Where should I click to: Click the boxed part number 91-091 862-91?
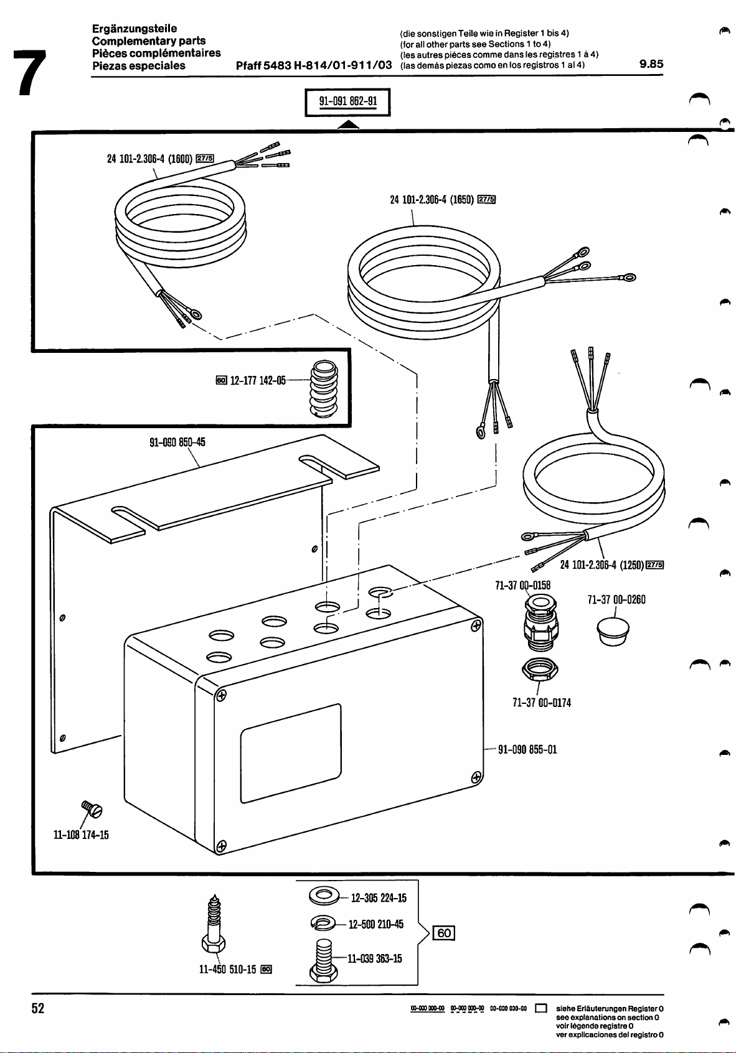(347, 103)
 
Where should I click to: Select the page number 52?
(39, 1009)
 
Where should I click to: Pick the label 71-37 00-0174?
(541, 703)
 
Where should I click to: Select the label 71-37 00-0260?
(616, 600)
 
